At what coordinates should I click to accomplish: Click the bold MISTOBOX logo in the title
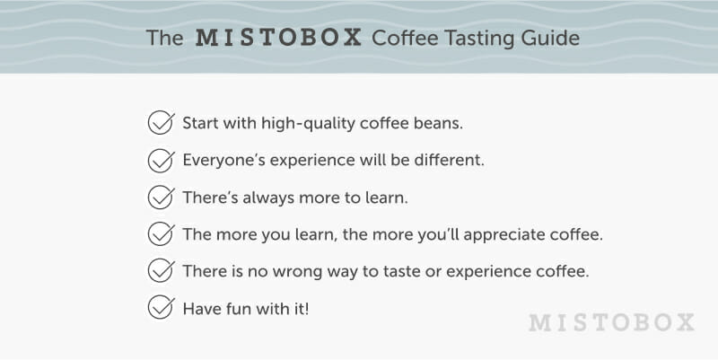278,38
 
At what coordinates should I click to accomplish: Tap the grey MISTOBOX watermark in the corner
611,322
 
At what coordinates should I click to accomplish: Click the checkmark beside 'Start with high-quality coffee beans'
161,123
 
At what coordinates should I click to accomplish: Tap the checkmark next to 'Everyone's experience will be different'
161,160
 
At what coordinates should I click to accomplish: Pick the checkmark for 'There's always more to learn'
161,197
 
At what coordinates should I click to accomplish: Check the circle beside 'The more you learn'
161,234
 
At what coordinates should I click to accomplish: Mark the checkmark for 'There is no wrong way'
161,271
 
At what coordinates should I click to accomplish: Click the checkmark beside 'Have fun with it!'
161,308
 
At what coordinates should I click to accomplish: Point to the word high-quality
308,124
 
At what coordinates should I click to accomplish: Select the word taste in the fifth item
399,272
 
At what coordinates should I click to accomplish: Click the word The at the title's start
165,38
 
